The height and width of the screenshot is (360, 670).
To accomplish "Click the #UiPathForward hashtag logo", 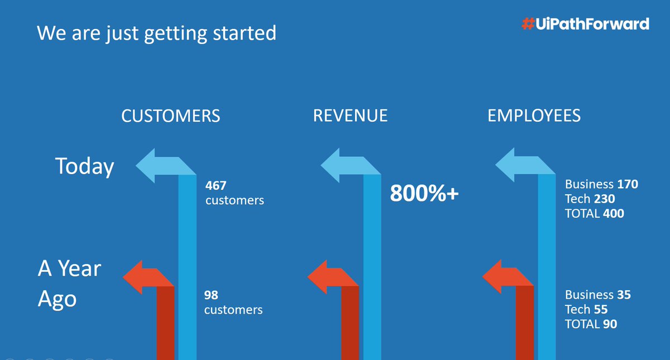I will coord(585,24).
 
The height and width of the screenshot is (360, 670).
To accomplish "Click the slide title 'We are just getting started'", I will coord(156,33).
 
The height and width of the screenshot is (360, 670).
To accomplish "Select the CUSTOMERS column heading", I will coord(171,116).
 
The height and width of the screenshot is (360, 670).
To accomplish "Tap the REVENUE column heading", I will coord(350,116).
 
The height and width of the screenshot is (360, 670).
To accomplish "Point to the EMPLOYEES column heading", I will coord(534,116).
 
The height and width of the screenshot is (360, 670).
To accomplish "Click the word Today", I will coord(84,166).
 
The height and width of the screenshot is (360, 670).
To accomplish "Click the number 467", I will coord(216,185).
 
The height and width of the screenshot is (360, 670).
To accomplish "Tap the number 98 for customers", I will coord(211,294).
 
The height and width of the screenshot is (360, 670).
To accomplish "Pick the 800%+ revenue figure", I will coord(424,194).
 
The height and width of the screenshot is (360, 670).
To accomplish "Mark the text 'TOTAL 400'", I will coord(594,213).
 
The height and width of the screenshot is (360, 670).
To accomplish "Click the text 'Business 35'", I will coord(597,295).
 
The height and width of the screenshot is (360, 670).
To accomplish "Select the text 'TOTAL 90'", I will coord(591,324).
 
